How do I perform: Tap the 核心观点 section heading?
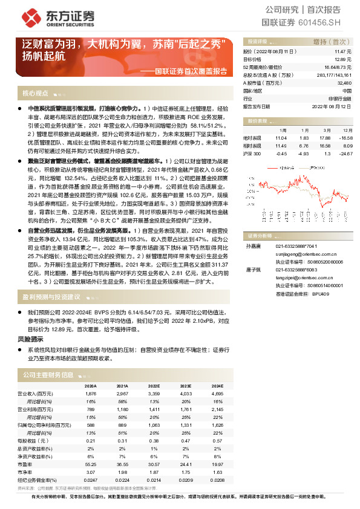[x=35, y=94]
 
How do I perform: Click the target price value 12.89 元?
[x=343, y=60]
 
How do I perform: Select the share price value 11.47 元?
[x=342, y=53]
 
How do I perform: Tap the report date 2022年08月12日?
[x=333, y=106]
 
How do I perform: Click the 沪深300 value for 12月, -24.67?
[x=345, y=153]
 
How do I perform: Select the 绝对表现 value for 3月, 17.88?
[x=325, y=138]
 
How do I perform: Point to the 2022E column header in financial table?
[x=154, y=385]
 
